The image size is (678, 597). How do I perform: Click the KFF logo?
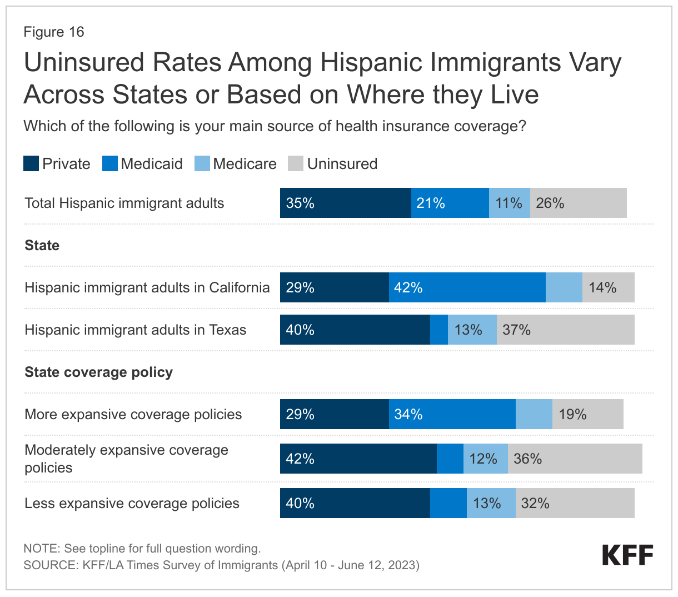pos(627,555)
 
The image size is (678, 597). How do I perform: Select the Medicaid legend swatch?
pos(110,164)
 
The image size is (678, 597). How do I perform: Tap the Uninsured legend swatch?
pos(296,164)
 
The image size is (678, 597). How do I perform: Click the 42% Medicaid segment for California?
pos(467,287)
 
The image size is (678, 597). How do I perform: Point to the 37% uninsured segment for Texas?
pos(565,330)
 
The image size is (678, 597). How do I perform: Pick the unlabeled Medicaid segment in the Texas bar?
pos(439,330)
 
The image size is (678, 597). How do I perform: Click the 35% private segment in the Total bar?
pos(345,203)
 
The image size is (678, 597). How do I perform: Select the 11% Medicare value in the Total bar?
pos(509,203)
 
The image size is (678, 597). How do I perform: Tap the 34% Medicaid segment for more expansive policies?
pos(452,414)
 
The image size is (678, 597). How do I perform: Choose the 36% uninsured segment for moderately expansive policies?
pos(575,459)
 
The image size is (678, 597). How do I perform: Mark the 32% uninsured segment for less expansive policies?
pos(575,503)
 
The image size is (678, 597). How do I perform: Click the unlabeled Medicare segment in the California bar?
pos(564,287)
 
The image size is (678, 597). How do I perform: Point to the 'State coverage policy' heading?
pos(99,372)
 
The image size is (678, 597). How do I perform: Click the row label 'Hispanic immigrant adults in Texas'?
pos(136,330)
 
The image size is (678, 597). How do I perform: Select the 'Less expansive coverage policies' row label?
pos(132,503)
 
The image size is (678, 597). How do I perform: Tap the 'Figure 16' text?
pos(54,32)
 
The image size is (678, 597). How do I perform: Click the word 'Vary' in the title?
pos(596,62)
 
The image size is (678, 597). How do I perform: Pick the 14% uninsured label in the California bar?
pos(602,287)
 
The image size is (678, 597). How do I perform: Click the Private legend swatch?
pos(31,164)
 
